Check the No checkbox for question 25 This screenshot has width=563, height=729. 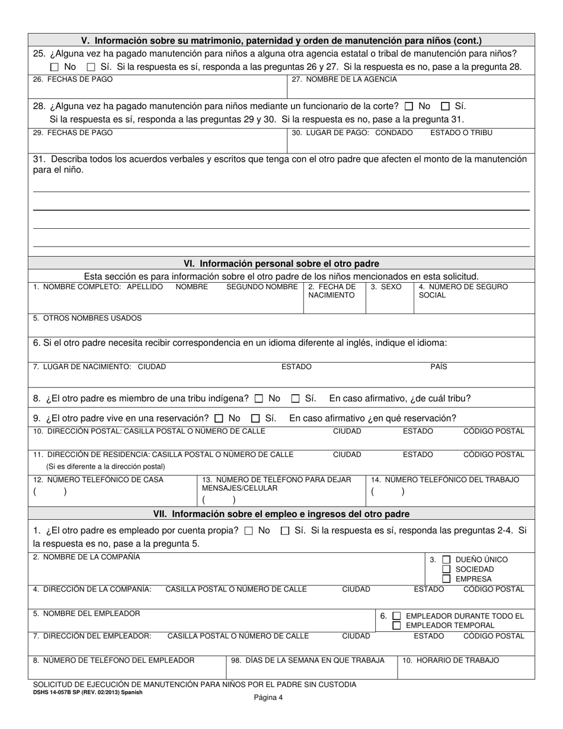[55, 67]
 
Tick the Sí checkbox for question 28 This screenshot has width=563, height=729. [445, 107]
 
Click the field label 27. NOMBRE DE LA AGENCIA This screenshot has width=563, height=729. [344, 79]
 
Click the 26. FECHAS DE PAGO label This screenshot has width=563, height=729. [73, 79]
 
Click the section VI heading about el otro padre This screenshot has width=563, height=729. [281, 264]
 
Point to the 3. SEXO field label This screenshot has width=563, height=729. [386, 287]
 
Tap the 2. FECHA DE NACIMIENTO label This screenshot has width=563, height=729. [332, 291]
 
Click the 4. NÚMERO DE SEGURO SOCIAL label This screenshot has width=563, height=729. [463, 291]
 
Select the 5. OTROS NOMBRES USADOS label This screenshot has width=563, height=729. [88, 318]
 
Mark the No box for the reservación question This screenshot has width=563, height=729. [219, 418]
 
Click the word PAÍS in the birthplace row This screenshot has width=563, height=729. [439, 367]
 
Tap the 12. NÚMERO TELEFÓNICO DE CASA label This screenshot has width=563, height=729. [98, 479]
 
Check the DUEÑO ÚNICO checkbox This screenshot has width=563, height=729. [446, 559]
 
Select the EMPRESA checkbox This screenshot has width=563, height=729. [446, 579]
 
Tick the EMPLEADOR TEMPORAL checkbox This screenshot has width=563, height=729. [396, 625]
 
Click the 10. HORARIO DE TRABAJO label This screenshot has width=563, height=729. [450, 660]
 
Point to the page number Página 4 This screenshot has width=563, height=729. [268, 698]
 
